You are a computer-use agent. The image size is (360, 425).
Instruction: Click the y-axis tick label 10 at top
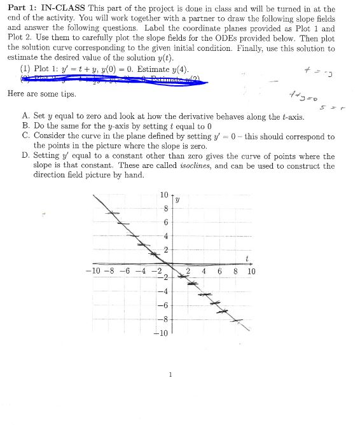click(x=163, y=195)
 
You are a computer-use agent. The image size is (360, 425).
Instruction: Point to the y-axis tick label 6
click(x=165, y=222)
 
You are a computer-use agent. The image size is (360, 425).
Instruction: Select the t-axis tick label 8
click(x=236, y=271)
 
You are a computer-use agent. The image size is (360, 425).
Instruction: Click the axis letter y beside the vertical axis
click(x=177, y=199)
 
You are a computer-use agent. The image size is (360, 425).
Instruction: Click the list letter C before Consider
click(x=25, y=136)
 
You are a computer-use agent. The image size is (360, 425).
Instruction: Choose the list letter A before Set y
click(x=25, y=116)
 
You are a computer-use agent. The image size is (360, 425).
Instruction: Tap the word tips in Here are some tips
click(x=66, y=94)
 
